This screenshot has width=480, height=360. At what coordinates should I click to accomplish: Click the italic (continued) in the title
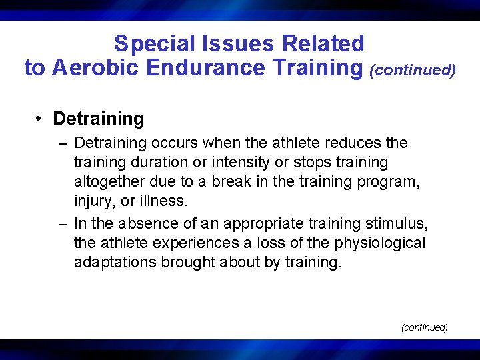point(413,70)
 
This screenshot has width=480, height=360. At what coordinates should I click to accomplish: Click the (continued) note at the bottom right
point(424,327)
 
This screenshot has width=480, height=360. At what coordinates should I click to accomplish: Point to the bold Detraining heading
point(99,119)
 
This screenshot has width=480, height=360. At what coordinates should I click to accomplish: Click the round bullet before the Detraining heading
point(40,119)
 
